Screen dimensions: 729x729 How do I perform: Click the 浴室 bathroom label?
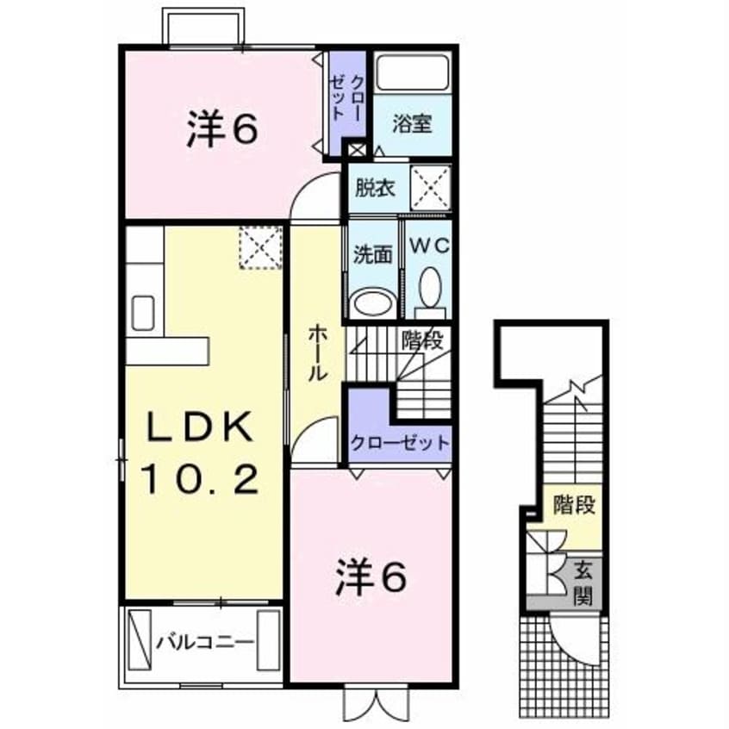click(x=411, y=122)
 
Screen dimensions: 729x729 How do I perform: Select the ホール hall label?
click(x=316, y=352)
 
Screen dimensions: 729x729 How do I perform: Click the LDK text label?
click(x=199, y=427)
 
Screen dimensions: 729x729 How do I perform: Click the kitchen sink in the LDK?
click(x=143, y=311)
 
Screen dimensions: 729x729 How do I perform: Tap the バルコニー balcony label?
click(x=204, y=642)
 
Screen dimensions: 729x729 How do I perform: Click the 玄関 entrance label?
click(x=583, y=582)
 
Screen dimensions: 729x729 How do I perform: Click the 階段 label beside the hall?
click(x=421, y=340)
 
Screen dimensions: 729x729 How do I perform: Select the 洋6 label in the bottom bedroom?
click(x=371, y=580)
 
